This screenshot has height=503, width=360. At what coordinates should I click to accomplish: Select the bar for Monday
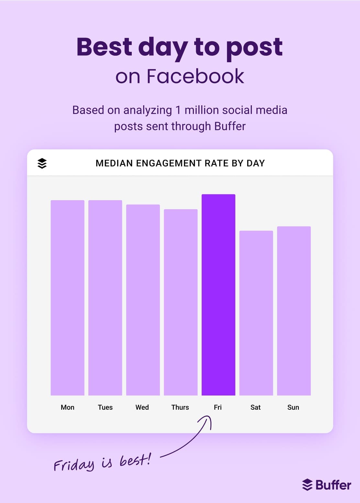[x=67, y=298]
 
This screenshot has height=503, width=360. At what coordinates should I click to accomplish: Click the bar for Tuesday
[x=105, y=298]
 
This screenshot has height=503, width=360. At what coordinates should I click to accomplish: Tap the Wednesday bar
[x=143, y=300]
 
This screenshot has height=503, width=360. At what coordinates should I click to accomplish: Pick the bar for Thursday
[x=181, y=302]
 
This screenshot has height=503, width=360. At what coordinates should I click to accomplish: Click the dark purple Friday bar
[x=218, y=295]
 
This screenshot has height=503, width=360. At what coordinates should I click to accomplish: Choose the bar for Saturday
[x=256, y=313]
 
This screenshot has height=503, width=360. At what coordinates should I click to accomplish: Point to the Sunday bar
[x=294, y=311]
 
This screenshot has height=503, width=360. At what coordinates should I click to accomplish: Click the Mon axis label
[x=67, y=407]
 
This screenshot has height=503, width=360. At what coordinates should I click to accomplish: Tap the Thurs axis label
[x=180, y=407]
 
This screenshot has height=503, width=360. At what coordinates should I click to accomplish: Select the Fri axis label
[x=218, y=407]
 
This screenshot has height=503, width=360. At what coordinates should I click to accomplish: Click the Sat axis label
[x=255, y=407]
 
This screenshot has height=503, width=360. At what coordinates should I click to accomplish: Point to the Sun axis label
[x=293, y=407]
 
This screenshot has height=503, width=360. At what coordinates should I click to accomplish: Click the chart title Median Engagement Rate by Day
[x=180, y=163]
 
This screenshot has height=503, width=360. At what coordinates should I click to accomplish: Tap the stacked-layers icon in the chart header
[x=42, y=163]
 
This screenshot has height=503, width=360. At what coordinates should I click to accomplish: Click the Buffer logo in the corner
[x=326, y=485]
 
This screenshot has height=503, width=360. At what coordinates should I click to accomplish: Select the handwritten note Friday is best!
[x=102, y=463]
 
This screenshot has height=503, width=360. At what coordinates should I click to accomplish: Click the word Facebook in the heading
[x=195, y=76]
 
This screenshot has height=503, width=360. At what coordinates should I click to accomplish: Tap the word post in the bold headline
[x=254, y=47]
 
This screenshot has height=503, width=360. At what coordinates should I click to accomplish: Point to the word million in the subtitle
[x=203, y=110]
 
